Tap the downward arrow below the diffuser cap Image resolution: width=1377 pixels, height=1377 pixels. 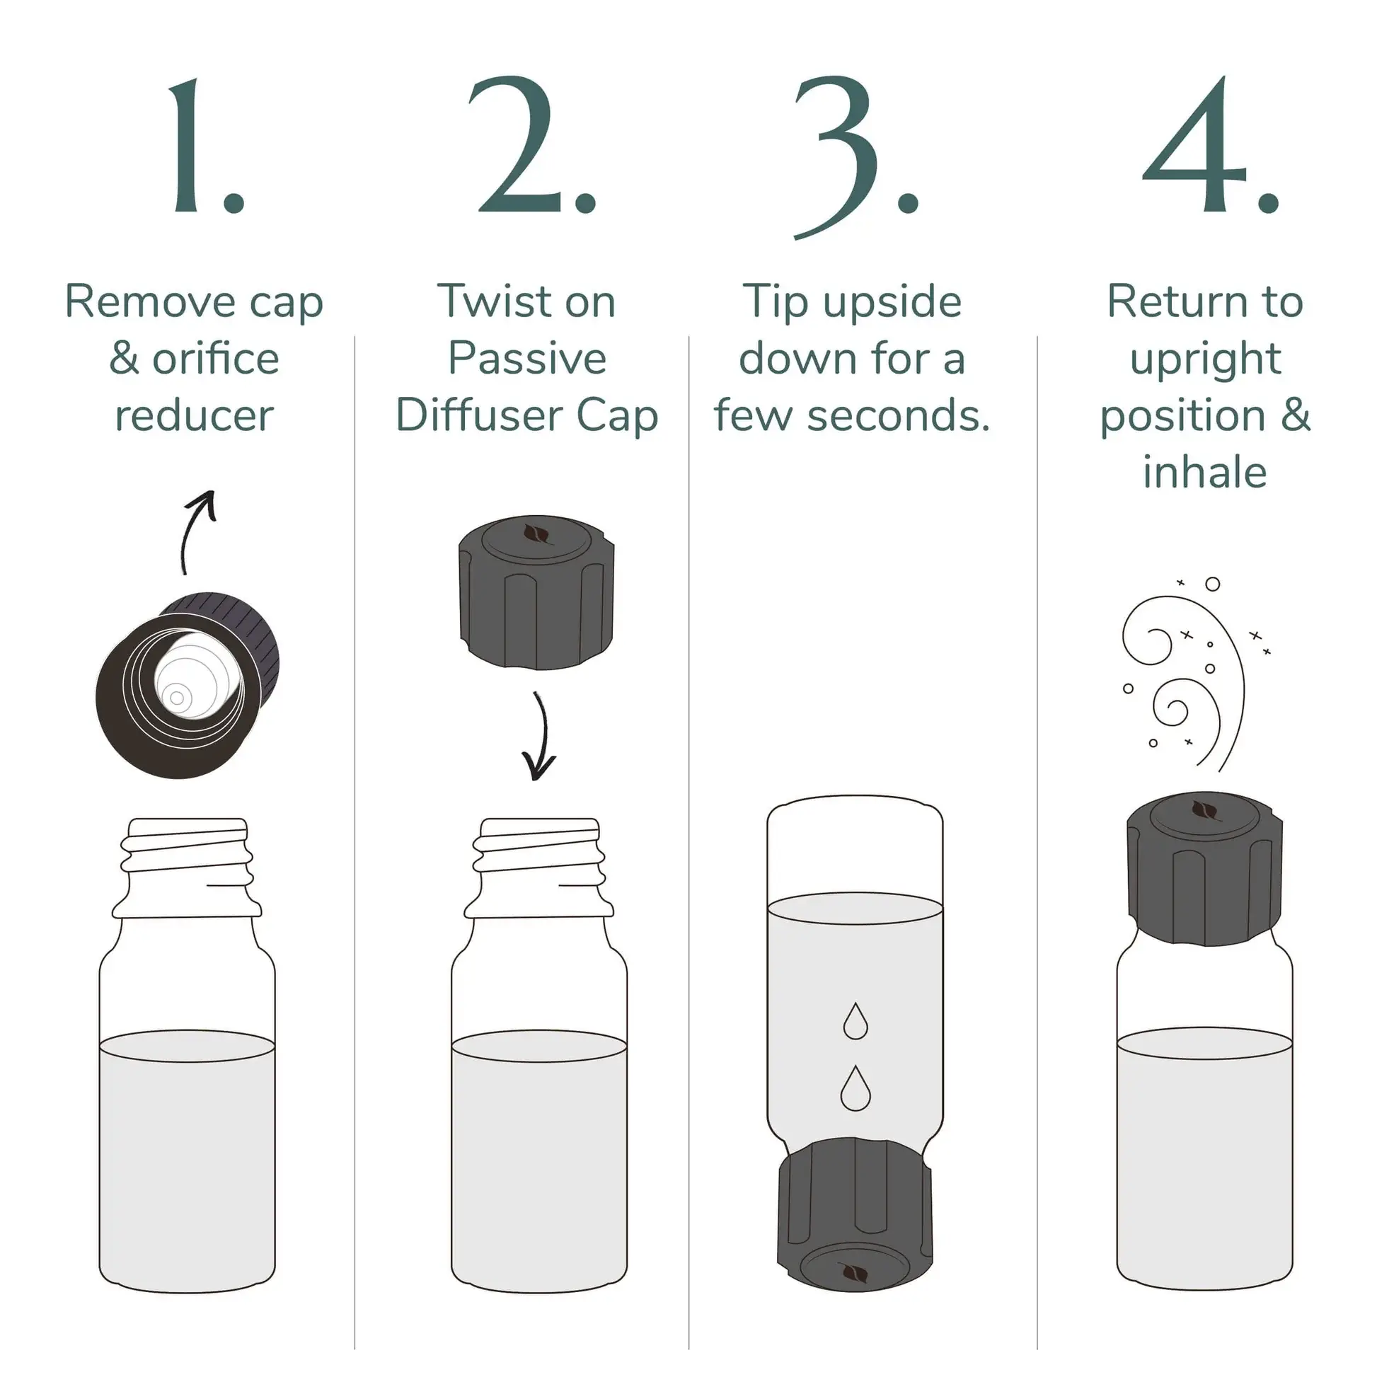point(540,737)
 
